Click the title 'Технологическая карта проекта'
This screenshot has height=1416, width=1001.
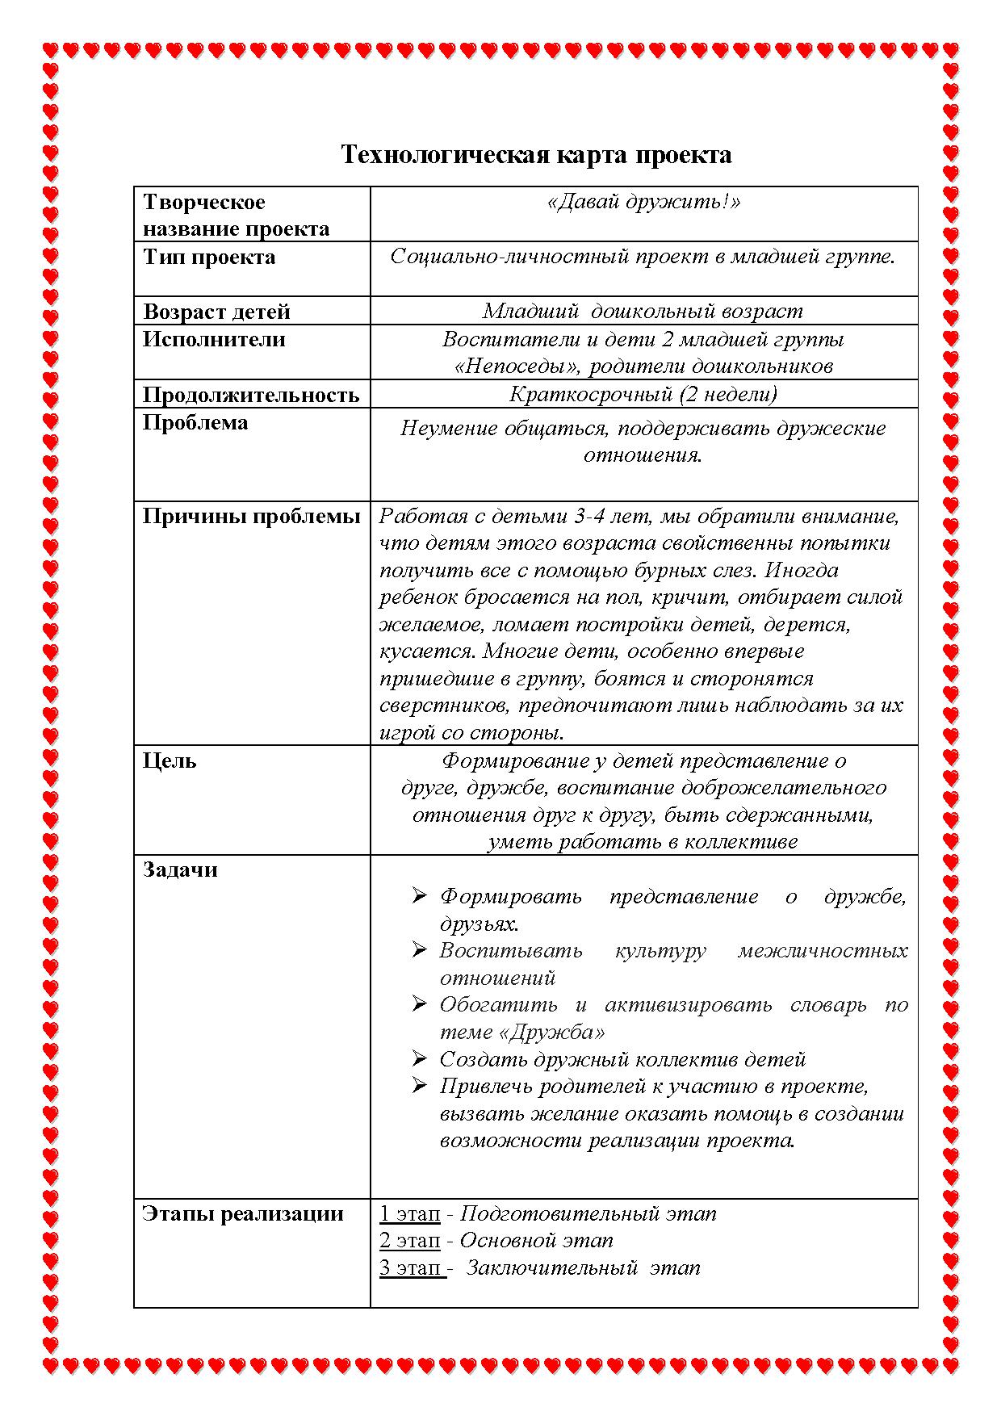(536, 154)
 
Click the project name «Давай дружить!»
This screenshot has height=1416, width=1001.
(643, 202)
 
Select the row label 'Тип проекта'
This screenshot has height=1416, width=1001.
(209, 258)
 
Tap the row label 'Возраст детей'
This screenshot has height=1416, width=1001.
(216, 312)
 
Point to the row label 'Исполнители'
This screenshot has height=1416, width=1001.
(214, 339)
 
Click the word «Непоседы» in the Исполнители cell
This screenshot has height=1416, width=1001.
(517, 367)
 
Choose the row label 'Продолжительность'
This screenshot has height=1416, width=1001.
(250, 395)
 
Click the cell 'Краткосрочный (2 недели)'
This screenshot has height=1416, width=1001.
(643, 394)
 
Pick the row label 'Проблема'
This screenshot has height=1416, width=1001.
(195, 423)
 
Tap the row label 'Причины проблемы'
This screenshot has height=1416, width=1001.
(251, 517)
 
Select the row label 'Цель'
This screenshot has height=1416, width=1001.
(170, 760)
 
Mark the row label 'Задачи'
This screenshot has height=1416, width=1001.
(180, 869)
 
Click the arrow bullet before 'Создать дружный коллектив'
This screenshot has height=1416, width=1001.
(418, 1058)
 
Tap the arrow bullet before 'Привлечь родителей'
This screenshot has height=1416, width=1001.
(418, 1086)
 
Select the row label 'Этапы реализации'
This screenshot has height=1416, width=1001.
(243, 1213)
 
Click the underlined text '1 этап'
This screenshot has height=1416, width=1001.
(410, 1214)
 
